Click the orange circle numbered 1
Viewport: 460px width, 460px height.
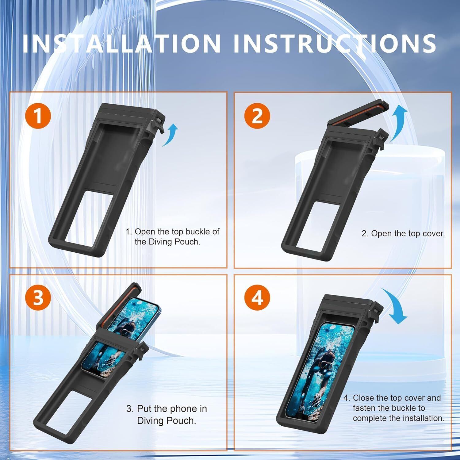38,116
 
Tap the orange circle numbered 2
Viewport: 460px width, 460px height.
257,116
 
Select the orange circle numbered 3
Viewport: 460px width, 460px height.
38,297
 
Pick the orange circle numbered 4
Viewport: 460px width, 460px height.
257,297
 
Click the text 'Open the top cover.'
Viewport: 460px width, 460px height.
408,233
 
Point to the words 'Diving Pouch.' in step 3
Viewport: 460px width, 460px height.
167,420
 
